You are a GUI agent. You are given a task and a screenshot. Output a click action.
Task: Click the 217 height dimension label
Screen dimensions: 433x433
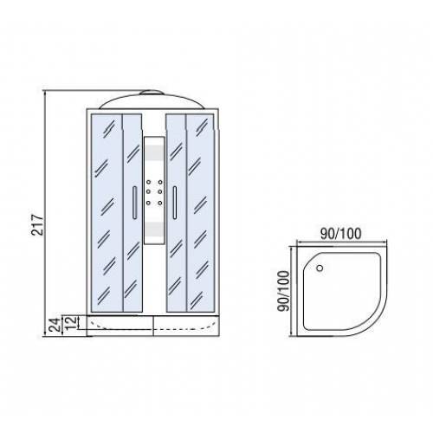coord(38,224)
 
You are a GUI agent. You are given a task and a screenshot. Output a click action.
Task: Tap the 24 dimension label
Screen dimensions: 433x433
coord(55,324)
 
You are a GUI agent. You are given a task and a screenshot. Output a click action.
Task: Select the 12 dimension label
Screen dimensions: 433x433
coord(71,323)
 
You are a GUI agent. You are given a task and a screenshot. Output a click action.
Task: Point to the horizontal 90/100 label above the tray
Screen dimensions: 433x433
coord(341,233)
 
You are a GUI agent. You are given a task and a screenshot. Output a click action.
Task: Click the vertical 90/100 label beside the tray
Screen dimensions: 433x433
coord(283,291)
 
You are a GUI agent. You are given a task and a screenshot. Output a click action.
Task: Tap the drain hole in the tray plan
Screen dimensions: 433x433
coord(320,268)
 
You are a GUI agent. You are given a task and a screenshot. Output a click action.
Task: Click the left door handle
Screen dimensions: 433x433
coord(134,203)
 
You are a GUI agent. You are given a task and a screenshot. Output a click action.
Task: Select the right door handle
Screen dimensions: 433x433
coord(175,203)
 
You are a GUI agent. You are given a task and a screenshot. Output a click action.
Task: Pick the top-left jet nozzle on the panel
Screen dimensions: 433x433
coord(148,182)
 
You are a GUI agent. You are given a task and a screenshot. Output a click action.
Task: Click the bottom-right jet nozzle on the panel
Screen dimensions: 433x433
coord(160,204)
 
